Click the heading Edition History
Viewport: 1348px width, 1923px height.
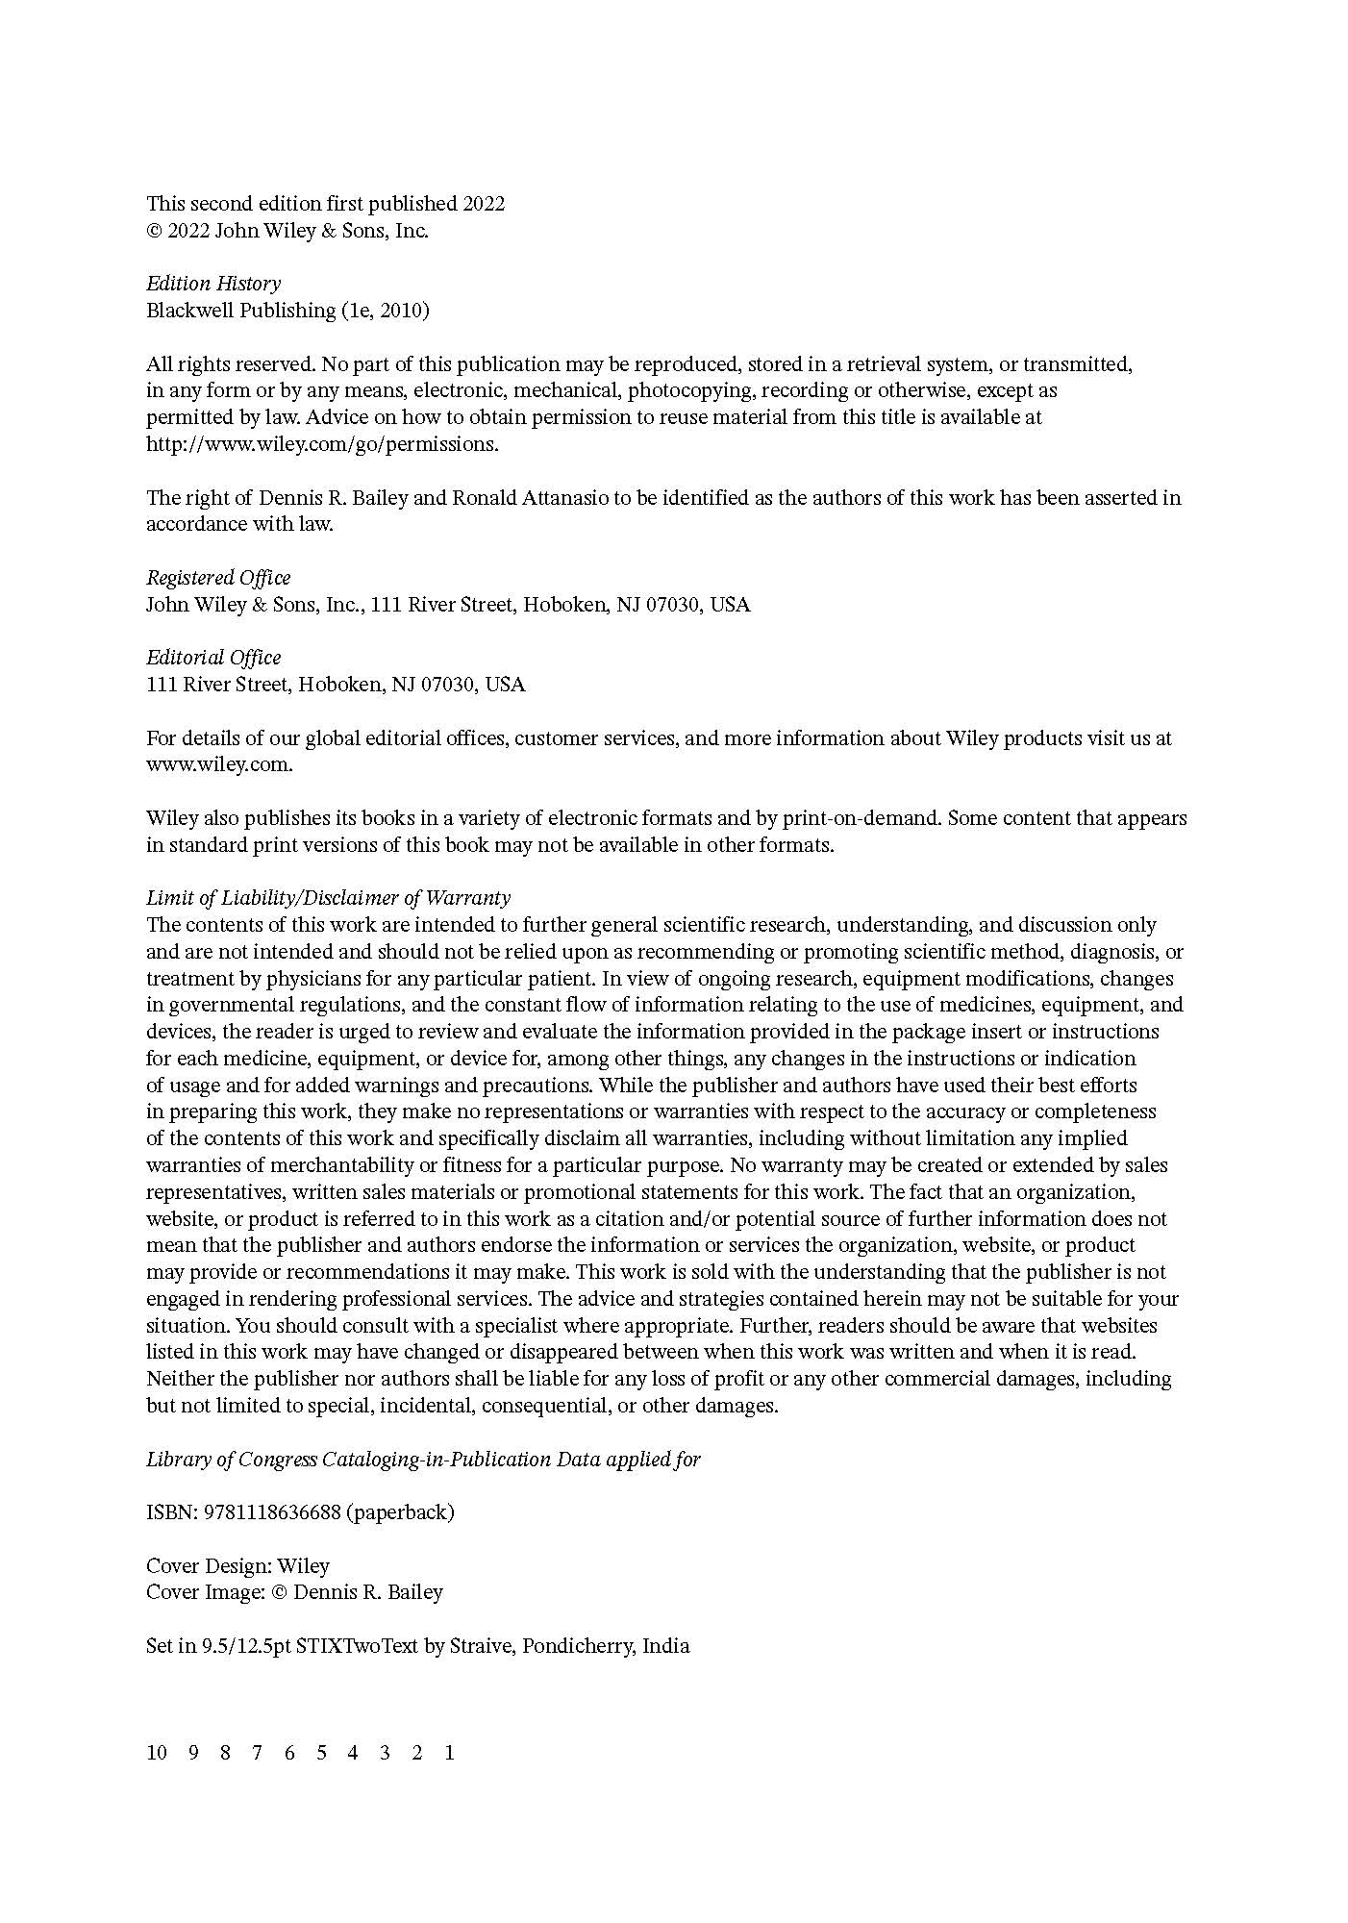point(213,284)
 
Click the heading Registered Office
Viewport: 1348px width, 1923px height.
point(218,578)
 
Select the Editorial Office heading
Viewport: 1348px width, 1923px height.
point(213,658)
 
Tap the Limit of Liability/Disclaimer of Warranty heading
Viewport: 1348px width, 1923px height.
point(328,898)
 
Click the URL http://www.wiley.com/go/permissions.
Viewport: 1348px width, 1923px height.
point(322,444)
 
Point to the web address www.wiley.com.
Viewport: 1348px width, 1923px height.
point(218,765)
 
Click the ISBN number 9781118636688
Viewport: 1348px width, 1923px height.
point(272,1512)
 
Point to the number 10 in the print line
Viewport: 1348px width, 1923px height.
point(157,1752)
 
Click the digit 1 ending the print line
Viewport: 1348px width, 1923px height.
point(449,1752)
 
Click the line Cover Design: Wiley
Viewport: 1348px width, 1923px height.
point(237,1565)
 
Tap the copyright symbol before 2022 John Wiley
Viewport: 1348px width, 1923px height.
point(154,231)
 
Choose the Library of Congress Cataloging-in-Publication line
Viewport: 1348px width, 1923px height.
point(423,1460)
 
